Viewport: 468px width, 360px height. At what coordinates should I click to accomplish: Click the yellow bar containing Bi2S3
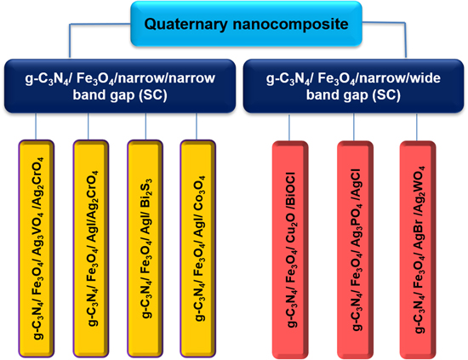coord(146,247)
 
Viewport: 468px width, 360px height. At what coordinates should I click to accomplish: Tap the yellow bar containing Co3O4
coord(199,247)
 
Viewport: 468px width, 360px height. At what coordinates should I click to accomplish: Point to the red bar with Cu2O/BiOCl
coord(289,247)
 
